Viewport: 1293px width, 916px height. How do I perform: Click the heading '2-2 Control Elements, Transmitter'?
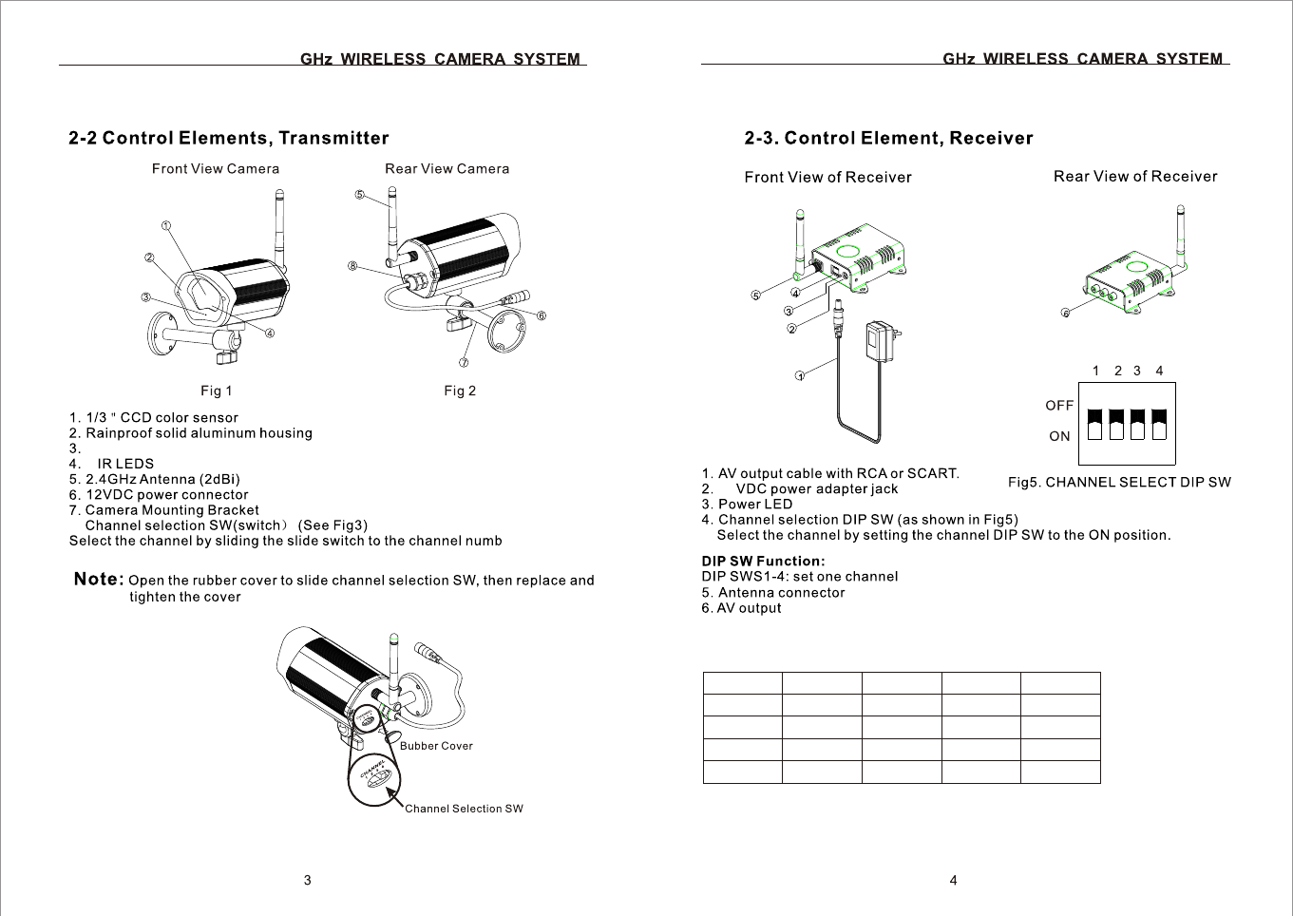(229, 139)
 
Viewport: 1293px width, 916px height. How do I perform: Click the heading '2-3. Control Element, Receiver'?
(888, 139)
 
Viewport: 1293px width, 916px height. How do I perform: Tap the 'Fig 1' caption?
(217, 391)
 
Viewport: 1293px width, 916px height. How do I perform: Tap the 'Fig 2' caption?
(460, 391)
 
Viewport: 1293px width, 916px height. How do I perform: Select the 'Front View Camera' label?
(216, 169)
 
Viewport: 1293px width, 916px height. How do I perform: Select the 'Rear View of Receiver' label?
(1135, 177)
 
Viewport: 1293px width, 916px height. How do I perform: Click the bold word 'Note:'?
(99, 579)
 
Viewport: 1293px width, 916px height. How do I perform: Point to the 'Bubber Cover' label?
(436, 746)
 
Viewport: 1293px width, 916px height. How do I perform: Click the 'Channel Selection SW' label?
(464, 809)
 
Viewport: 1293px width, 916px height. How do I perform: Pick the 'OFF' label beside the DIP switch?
(1059, 406)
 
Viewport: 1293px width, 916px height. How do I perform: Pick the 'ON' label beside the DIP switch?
(1059, 436)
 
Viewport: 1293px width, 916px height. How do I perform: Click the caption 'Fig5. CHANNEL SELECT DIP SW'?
(1119, 483)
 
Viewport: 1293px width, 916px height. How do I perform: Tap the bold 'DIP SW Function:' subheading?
(764, 561)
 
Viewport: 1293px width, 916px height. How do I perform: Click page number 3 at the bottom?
(307, 881)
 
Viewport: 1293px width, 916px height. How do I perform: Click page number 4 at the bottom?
(953, 881)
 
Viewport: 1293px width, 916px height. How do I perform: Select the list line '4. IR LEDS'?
(111, 464)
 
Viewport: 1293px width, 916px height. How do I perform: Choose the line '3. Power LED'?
(747, 505)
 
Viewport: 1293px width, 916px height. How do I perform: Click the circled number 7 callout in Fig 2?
(464, 362)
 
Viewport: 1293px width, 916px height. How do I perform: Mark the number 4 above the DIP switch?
(1159, 371)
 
